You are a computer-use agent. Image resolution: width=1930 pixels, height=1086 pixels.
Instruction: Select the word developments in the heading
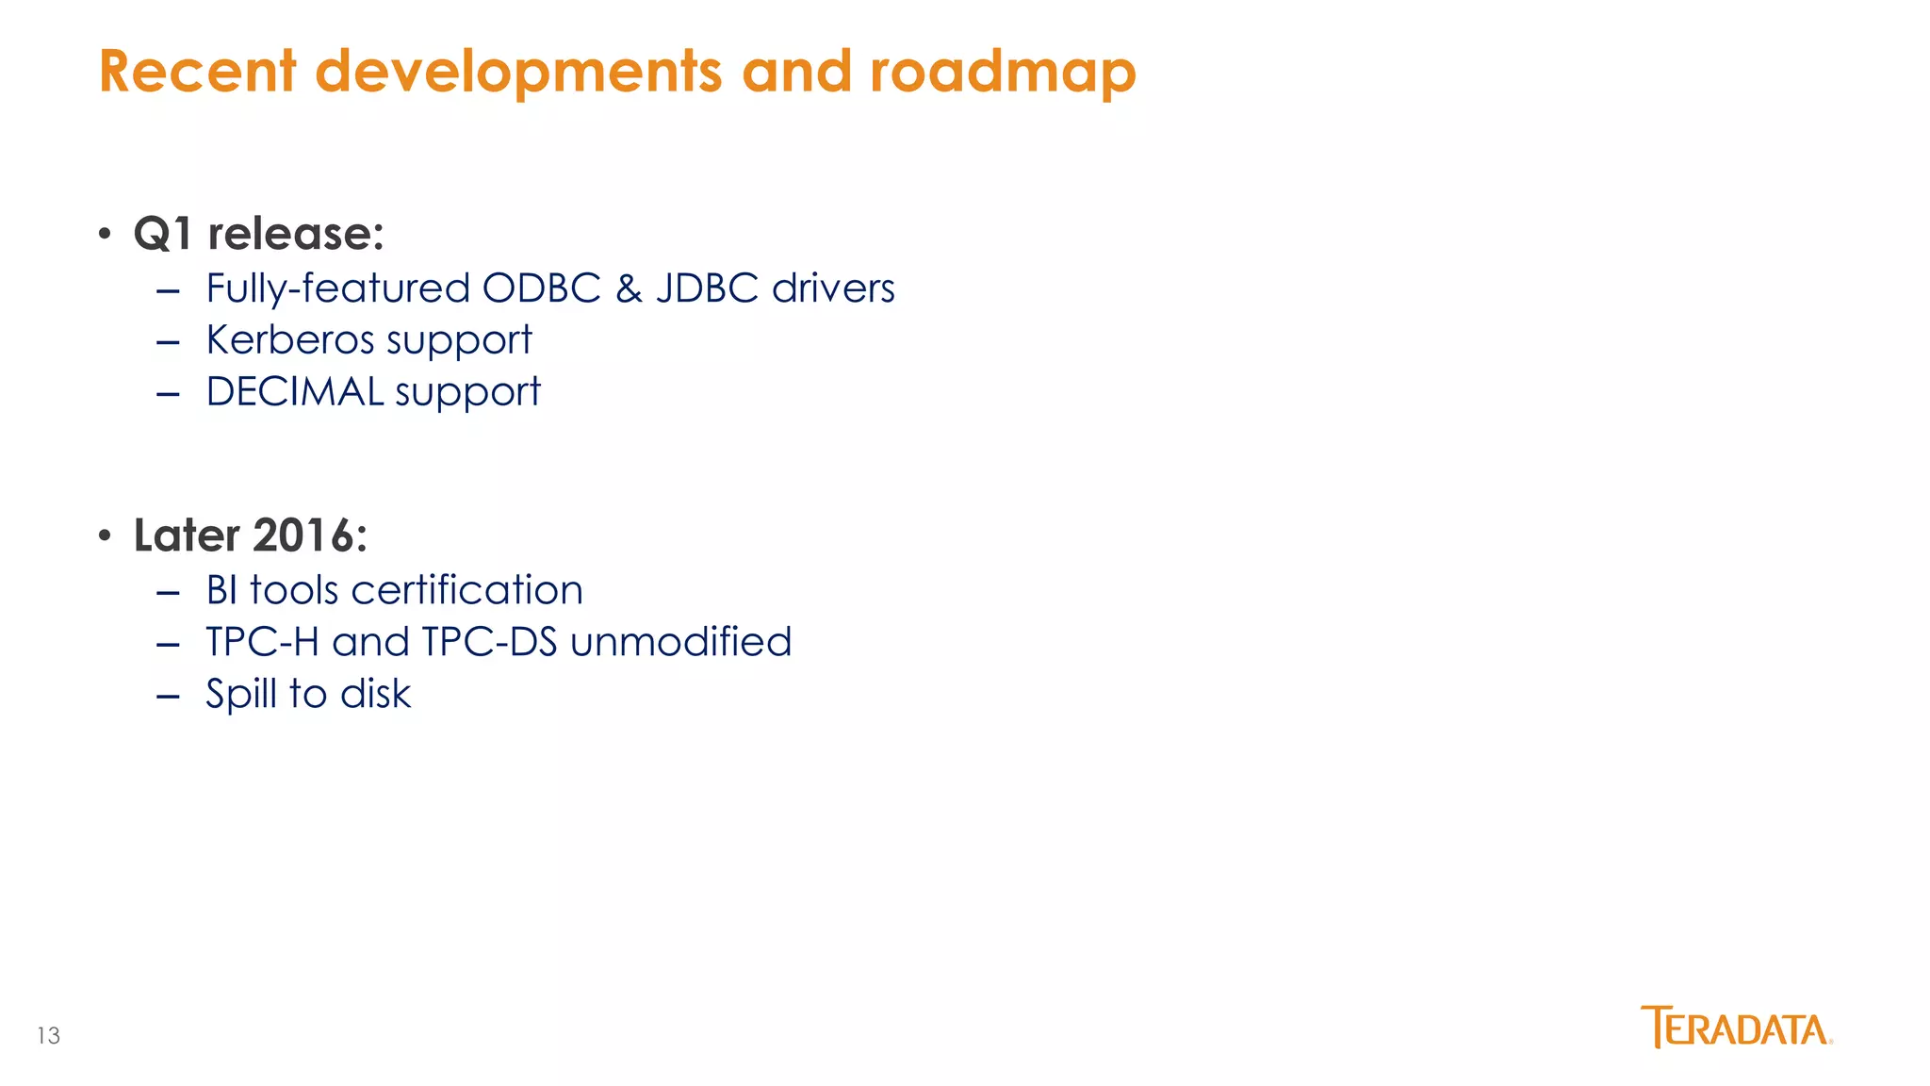tap(518, 72)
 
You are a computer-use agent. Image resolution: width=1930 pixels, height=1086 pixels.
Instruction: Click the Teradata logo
tap(1736, 1028)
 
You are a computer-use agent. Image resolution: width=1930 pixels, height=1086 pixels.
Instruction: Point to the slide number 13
tap(48, 1036)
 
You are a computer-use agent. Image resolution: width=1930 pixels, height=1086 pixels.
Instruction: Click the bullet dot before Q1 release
tap(106, 233)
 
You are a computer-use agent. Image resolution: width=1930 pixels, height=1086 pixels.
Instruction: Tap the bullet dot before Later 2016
tap(106, 535)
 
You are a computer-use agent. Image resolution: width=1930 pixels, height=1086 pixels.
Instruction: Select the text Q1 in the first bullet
tap(163, 234)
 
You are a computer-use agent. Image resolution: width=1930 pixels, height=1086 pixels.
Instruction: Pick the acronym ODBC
tap(541, 288)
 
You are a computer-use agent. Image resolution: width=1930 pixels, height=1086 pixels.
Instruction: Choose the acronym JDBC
tap(707, 288)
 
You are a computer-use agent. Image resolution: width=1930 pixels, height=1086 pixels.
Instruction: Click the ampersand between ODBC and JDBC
tap(629, 288)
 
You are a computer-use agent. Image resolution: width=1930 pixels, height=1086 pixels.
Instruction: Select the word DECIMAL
tap(294, 391)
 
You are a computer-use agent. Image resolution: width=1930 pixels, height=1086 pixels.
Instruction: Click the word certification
tap(466, 590)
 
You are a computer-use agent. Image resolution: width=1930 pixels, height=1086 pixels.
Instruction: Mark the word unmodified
tap(680, 642)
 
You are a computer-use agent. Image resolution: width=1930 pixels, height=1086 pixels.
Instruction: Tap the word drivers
tap(833, 288)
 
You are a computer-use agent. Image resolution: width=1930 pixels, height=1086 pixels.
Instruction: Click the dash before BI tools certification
tap(168, 592)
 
